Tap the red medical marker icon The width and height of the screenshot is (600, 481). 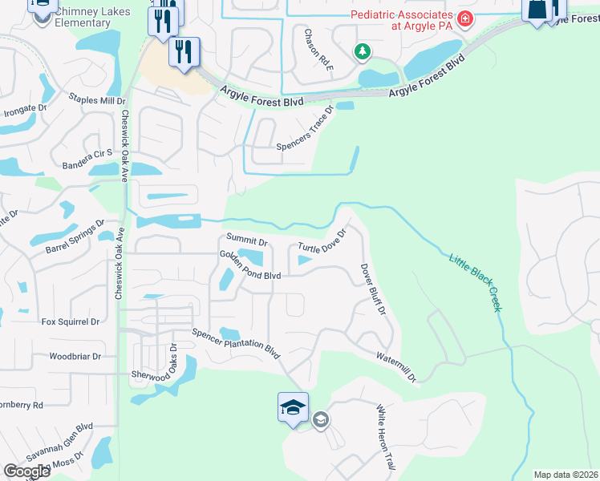(x=464, y=18)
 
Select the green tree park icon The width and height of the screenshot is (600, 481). (x=363, y=52)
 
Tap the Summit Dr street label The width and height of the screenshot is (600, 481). (x=246, y=239)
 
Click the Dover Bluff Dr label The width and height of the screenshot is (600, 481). (x=373, y=289)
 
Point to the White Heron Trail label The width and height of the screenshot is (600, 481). (x=387, y=437)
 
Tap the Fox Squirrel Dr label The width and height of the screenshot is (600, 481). (x=71, y=321)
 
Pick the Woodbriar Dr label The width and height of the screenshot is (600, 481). (x=75, y=356)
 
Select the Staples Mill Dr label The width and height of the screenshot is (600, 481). (x=98, y=101)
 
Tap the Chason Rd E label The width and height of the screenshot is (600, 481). (x=318, y=51)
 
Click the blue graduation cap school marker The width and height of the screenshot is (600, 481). (x=293, y=406)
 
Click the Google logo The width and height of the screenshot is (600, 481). (x=26, y=471)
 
